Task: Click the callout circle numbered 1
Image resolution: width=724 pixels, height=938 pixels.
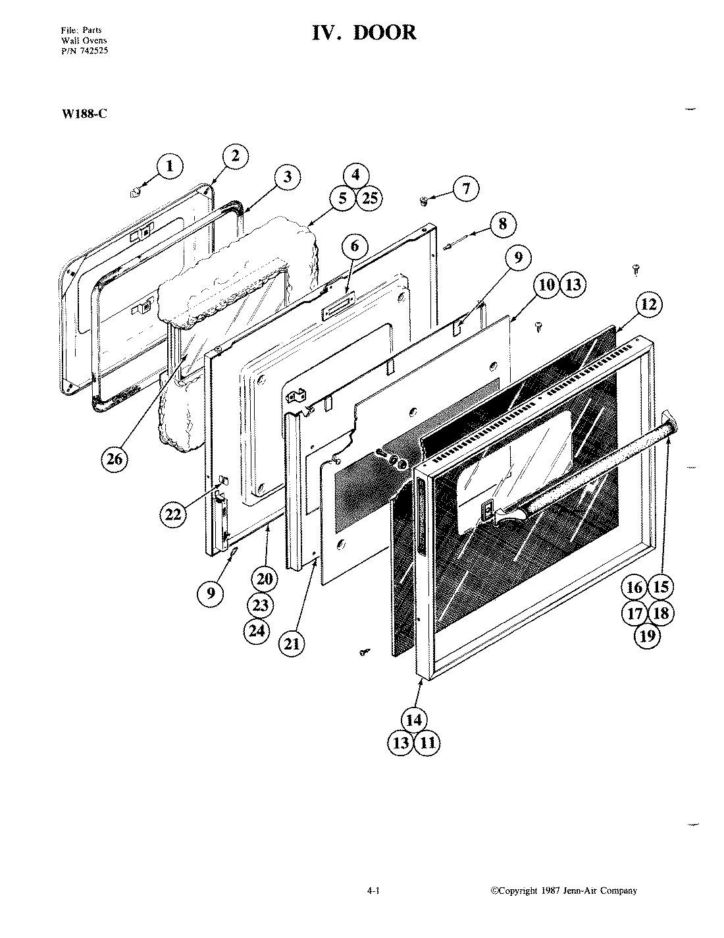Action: click(x=170, y=166)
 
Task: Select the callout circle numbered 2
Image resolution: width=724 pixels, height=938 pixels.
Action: click(x=235, y=156)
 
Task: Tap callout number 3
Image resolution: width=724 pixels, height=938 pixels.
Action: click(x=287, y=177)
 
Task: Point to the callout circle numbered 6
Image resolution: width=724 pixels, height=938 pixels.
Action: click(x=355, y=248)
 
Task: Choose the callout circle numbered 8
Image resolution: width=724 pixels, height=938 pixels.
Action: click(x=503, y=223)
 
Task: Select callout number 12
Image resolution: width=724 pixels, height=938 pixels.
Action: click(x=648, y=304)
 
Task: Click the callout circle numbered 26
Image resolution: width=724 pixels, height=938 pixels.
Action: click(x=115, y=459)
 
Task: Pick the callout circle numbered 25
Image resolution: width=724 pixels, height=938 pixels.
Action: click(x=370, y=198)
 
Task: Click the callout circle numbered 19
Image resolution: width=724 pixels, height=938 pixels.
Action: click(x=648, y=636)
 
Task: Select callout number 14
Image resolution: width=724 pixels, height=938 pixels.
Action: click(x=413, y=720)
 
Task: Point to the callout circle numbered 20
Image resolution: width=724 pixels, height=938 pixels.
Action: click(x=264, y=580)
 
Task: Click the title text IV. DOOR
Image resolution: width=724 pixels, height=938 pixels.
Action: click(x=364, y=33)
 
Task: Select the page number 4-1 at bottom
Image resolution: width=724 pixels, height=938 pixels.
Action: click(x=374, y=891)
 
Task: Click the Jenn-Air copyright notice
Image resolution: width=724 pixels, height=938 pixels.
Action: click(x=565, y=891)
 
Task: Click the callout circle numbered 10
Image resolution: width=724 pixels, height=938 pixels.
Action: click(x=547, y=285)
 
